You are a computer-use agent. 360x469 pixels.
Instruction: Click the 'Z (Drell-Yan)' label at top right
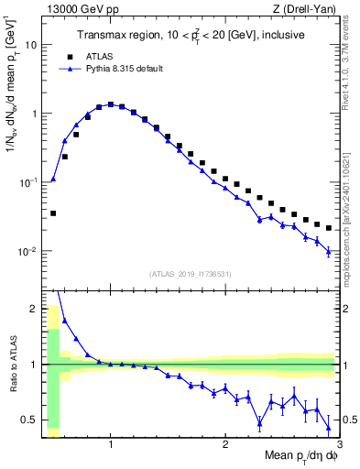pos(309,9)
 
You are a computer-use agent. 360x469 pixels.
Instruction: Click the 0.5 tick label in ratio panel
pos(28,420)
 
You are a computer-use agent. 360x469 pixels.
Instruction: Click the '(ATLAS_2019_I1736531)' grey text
pos(190,274)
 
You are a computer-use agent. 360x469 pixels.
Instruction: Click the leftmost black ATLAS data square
pos(53,213)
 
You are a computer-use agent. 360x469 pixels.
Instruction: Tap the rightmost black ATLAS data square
pos(328,228)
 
